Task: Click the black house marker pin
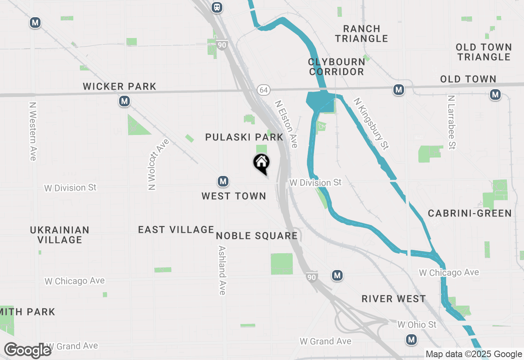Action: (261, 163)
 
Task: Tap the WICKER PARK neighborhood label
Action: (120, 87)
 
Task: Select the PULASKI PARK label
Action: (244, 137)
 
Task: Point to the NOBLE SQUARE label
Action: (257, 236)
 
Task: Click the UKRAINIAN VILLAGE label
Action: (60, 235)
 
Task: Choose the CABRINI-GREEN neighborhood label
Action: (470, 213)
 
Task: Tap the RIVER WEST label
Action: (394, 299)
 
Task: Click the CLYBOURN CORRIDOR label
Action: (337, 67)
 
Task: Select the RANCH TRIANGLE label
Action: (361, 34)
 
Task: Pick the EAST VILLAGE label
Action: (176, 229)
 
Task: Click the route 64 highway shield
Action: (263, 89)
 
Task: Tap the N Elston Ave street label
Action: (286, 124)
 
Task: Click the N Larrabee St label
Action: (452, 122)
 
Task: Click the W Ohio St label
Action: (417, 325)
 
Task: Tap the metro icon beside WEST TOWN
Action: (223, 181)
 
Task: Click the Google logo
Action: (28, 351)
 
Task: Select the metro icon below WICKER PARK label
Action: (124, 101)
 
